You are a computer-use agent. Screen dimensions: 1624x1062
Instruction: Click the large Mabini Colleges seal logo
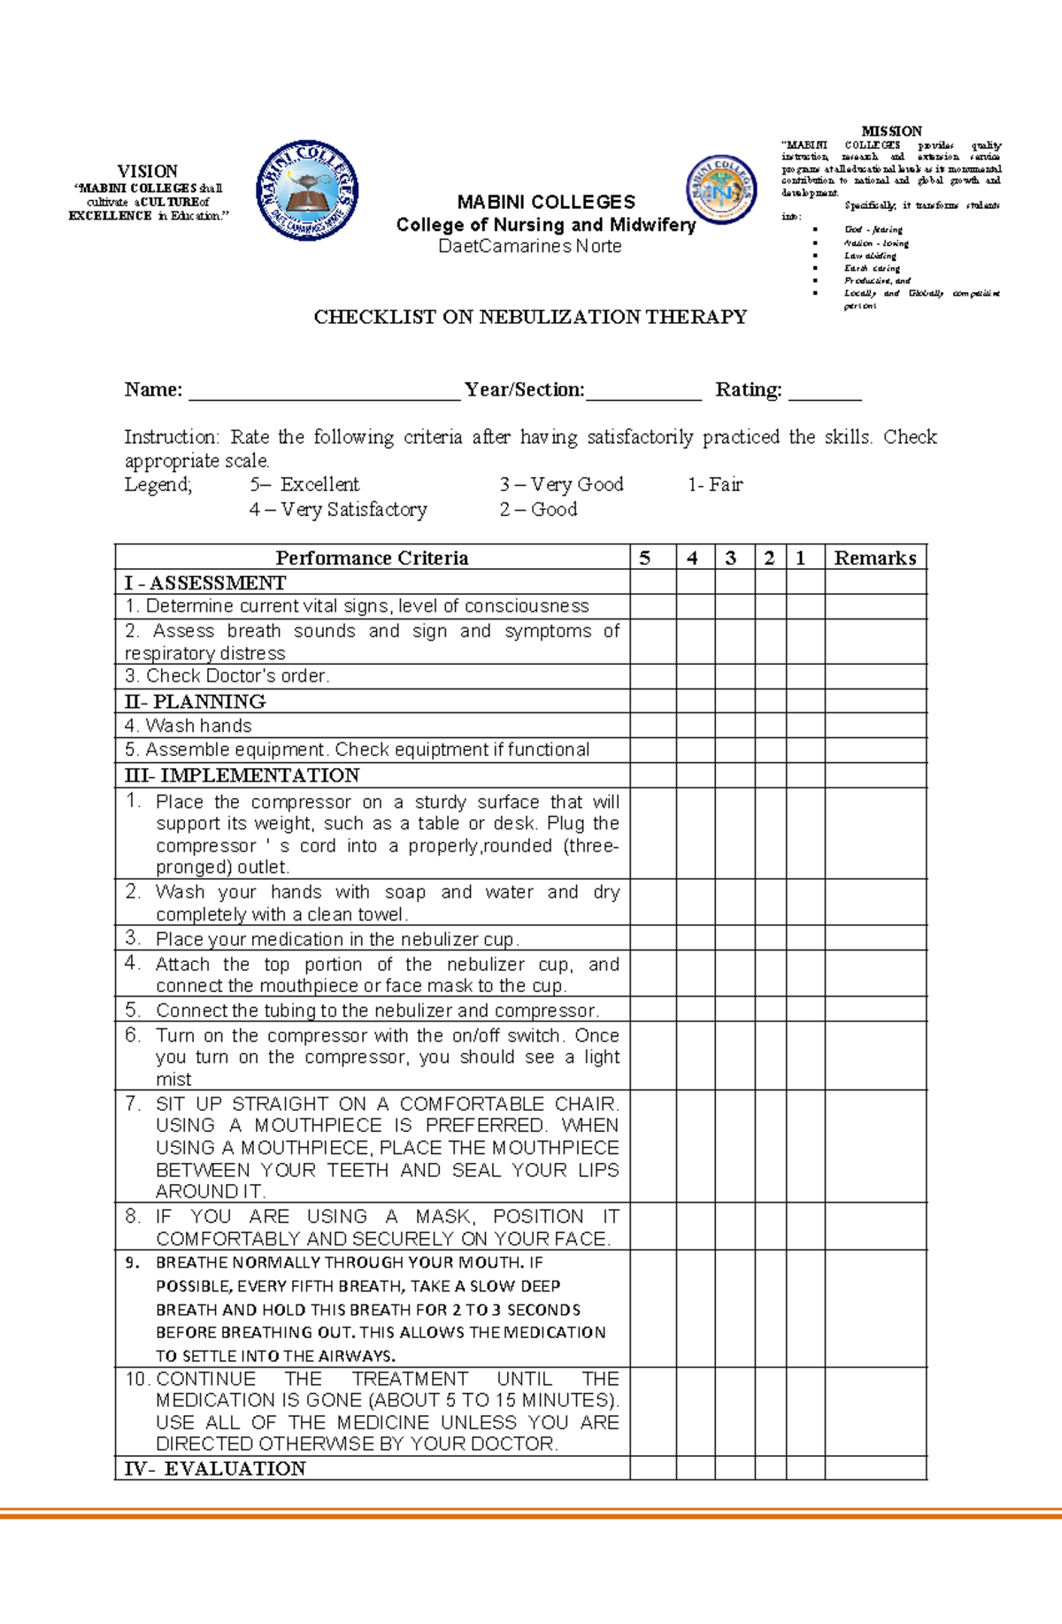[x=307, y=189]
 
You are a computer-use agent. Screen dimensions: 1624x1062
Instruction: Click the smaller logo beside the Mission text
[x=721, y=189]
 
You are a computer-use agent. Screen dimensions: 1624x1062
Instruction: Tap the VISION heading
[x=148, y=171]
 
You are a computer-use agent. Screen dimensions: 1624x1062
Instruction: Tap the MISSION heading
[x=891, y=131]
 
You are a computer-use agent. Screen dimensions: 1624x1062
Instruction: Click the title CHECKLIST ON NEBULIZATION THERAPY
[x=530, y=317]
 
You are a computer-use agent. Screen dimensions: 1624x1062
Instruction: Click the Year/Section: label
[x=525, y=389]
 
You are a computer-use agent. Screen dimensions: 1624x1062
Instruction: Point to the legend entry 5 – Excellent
[x=304, y=484]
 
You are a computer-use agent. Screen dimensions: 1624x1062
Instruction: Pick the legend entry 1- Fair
[x=715, y=484]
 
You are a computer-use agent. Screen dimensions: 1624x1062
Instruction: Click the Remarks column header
[x=874, y=558]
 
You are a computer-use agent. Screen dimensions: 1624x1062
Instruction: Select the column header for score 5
[x=644, y=558]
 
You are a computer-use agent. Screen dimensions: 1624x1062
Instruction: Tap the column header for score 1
[x=800, y=558]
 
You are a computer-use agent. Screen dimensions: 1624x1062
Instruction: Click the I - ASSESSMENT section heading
[x=205, y=582]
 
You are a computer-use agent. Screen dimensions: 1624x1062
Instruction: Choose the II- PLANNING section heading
[x=195, y=701]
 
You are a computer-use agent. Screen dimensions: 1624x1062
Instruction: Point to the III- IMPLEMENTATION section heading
[x=242, y=775]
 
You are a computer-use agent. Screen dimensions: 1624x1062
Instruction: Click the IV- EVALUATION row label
[x=215, y=1468]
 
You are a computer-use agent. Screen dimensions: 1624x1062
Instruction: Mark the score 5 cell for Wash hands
[x=652, y=726]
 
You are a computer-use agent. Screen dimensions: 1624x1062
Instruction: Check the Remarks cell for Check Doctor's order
[x=874, y=676]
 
